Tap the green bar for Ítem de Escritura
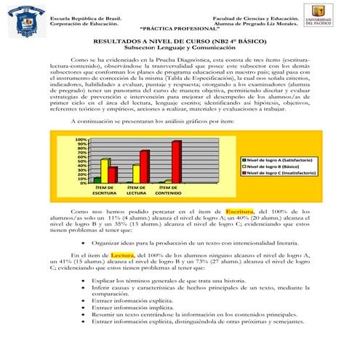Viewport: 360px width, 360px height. (x=97, y=180)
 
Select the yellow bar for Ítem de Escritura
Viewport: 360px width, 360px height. (x=105, y=170)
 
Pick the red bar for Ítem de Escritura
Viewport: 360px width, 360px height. (x=113, y=175)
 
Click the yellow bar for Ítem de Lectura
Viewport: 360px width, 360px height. (x=136, y=173)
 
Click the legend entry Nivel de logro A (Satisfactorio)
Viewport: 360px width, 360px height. (x=277, y=159)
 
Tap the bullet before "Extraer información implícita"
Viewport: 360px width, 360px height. (x=85, y=308)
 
